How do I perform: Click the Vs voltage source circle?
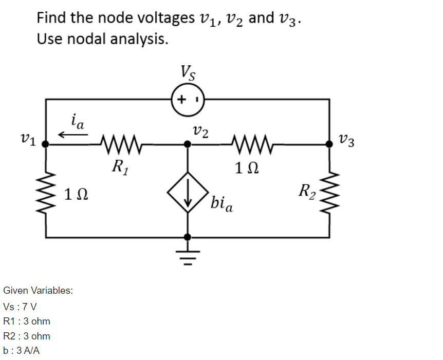point(188,99)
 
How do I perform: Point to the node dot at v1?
point(46,145)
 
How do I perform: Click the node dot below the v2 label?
point(188,145)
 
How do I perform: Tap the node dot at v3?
point(329,145)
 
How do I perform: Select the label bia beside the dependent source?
point(221,204)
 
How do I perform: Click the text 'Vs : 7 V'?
point(20,307)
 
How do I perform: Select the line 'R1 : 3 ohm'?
point(26,321)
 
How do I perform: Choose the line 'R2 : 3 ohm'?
point(26,336)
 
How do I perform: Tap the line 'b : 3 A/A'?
point(22,351)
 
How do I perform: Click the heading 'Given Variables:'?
point(38,290)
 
